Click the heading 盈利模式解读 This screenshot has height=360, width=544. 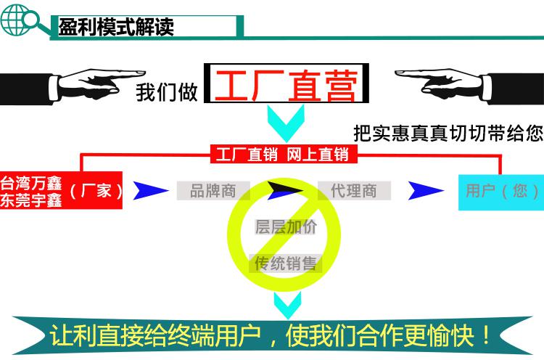(x=116, y=27)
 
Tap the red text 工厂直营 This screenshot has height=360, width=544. (x=287, y=85)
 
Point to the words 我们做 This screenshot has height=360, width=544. (x=167, y=92)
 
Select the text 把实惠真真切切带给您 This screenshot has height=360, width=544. (x=448, y=133)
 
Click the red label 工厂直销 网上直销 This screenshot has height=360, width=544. (x=284, y=155)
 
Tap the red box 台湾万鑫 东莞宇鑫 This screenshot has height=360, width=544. (x=61, y=190)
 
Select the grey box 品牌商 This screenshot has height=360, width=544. (x=213, y=191)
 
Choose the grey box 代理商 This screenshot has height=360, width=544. (x=354, y=191)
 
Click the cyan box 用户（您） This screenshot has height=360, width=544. (x=501, y=192)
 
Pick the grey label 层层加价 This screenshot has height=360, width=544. (x=286, y=227)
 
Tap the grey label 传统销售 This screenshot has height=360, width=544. (x=285, y=263)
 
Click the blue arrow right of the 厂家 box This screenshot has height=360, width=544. (x=151, y=190)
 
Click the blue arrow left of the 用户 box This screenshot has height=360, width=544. (x=425, y=191)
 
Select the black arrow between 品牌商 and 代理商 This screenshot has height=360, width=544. (x=285, y=190)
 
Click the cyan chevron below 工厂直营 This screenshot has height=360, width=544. (x=286, y=123)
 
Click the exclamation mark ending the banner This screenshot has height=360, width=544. (x=487, y=335)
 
